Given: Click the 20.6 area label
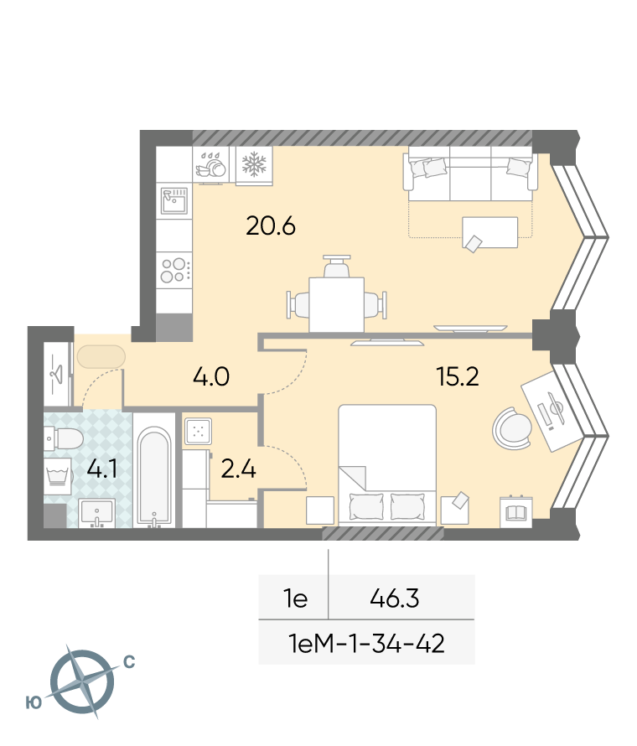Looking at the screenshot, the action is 271,226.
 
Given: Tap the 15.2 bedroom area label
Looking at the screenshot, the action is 458,377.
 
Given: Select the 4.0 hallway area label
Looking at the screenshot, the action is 211,377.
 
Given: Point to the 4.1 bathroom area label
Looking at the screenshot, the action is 102,469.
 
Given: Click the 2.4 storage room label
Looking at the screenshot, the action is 239,469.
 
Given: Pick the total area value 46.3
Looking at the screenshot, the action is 395,598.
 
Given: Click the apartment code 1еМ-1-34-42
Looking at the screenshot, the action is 367,643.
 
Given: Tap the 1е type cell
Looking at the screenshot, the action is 295,598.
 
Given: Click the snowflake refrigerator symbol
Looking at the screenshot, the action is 255,164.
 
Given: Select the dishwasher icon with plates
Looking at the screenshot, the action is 211,164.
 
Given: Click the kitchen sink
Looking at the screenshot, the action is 174,201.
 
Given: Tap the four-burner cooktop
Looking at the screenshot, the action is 174,270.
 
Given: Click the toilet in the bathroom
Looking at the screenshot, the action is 64,438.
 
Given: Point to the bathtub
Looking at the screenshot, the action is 154,477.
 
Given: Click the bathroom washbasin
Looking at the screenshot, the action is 97,513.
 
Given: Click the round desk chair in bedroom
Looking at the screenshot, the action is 512,428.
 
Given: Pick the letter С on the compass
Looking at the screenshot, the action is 129,662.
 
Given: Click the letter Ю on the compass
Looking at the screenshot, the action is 34,702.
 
